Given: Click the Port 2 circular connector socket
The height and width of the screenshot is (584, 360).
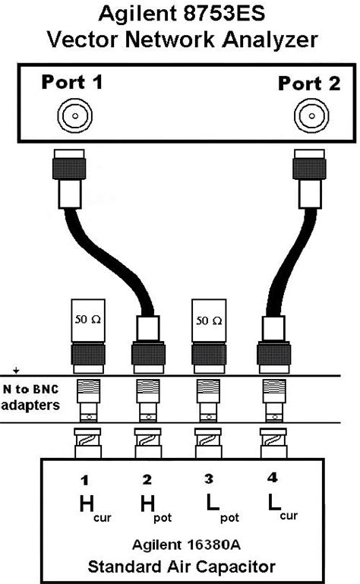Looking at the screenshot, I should coord(310,115).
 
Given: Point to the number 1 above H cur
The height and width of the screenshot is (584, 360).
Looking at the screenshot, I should coord(86,481).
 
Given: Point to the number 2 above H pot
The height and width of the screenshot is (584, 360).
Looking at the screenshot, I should coord(147,481).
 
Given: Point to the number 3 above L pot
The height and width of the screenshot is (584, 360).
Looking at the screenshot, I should coord(207,481).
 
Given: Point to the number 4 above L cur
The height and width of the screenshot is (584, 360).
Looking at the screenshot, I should coord(272,479).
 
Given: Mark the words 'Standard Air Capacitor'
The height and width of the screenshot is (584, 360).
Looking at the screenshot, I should coord(181,567).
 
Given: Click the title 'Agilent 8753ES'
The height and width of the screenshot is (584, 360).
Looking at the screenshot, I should coord(179,14).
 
